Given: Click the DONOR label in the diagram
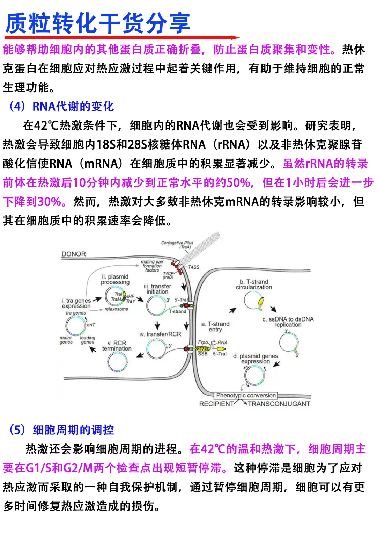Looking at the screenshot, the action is point(73,254).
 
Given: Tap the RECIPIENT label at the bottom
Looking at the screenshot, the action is point(216,404).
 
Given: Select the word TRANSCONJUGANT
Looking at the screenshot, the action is point(279,404).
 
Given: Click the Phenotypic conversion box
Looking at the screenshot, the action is point(246,395).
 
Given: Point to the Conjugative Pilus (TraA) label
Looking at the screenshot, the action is point(177,245).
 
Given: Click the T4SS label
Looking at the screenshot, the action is point(193,267).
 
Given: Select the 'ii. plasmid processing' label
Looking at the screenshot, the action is point(115,279).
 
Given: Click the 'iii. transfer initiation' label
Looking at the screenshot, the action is point(157,289).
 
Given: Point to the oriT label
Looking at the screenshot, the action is point(91,325).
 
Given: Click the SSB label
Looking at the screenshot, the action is point(202,354).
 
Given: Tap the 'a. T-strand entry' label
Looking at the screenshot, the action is point(215,326).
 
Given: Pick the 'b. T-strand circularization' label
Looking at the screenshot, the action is point(254,284).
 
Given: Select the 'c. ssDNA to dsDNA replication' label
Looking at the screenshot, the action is point(288,322).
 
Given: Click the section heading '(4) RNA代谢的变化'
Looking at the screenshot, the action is point(61,106).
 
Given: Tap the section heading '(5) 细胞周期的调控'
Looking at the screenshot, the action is point(61,430).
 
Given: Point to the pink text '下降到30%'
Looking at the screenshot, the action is point(32,201).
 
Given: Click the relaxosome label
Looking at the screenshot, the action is point(116,309).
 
